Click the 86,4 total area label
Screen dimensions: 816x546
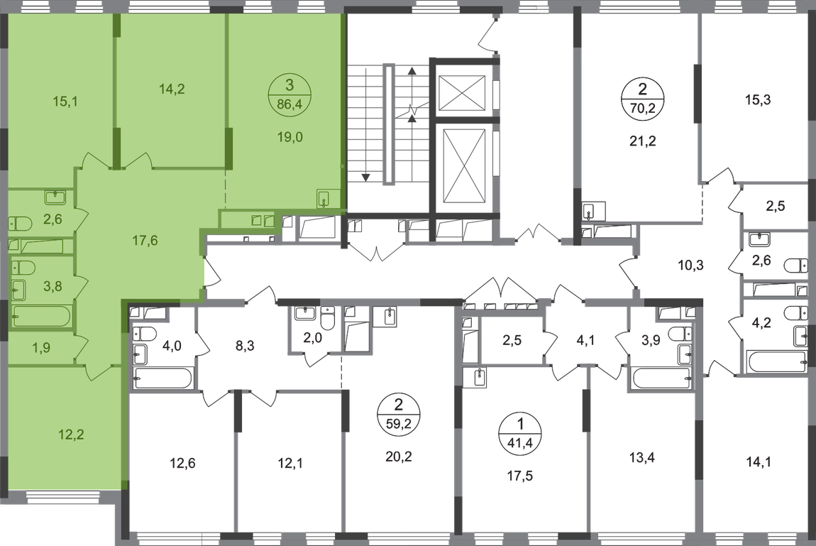coord(290,104)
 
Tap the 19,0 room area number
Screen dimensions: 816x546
coord(290,138)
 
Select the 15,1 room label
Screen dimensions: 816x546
coord(65,102)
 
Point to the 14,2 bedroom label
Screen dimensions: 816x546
coord(172,89)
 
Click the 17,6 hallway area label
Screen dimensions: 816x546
coord(145,241)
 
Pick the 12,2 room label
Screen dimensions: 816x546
coord(71,435)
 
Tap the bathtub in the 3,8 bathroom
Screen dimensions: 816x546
coord(42,317)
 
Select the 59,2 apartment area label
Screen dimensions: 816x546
coord(399,424)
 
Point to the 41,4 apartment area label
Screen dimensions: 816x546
coord(520,443)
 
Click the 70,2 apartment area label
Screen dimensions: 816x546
coord(642,109)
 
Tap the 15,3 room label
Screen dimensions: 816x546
coord(759,99)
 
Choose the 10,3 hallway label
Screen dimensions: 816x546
coord(690,266)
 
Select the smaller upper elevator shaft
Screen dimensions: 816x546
coord(462,93)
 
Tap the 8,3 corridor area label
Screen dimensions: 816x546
coord(245,346)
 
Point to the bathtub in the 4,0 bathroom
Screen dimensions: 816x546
coord(163,378)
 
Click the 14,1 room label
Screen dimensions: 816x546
coord(759,462)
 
